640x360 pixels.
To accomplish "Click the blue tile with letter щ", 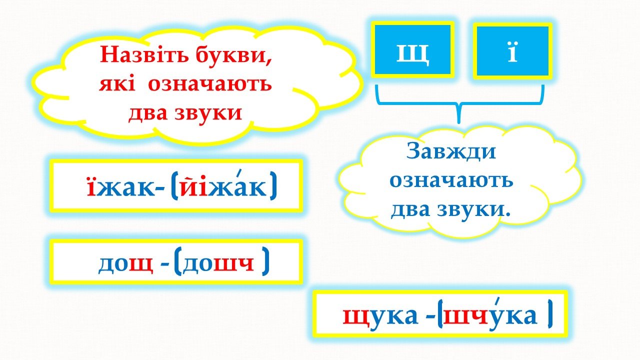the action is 412,49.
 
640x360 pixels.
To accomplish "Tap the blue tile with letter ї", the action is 512,51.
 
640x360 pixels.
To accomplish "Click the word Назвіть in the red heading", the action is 144,54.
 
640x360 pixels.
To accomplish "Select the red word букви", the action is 234,55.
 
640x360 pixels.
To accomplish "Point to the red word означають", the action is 210,84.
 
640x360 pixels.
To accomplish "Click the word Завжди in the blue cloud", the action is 451,151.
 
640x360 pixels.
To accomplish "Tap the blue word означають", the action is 451,180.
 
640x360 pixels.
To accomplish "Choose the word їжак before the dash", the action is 121,187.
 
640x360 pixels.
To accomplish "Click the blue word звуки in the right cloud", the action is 473,210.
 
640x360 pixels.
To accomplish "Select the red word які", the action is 117,84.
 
